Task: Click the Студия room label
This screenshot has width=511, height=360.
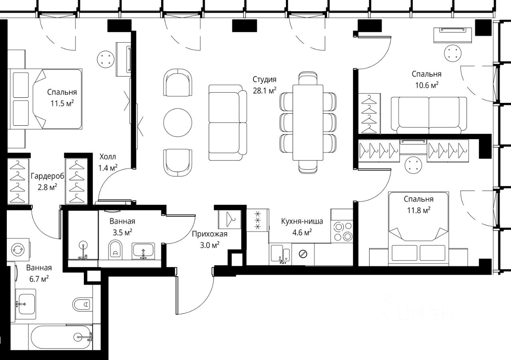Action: coord(264,79)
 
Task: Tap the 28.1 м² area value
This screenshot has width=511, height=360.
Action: coord(264,91)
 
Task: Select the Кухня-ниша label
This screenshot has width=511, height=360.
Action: coord(302,221)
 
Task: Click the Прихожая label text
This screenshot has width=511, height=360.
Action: coord(210,234)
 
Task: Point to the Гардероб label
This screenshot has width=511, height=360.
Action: coord(48,176)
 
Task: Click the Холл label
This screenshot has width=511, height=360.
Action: coord(108,157)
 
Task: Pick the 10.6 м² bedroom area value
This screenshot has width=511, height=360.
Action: coord(427,85)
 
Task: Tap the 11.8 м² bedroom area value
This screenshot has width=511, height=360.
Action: coord(419,210)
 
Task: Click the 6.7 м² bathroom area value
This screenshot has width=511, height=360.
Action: coord(39,279)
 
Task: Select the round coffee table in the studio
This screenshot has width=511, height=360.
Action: coord(178,123)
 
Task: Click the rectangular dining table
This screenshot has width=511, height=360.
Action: coord(308,123)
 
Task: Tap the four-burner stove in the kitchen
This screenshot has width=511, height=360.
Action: coord(342,231)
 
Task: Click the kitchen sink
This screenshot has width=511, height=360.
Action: coord(280,254)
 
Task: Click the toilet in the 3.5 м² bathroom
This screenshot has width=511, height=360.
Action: coord(115,249)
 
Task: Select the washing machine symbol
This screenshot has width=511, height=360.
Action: coord(18,249)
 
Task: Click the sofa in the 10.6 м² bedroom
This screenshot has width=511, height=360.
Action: coord(429,115)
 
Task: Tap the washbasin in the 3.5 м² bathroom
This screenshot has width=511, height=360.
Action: coord(143,251)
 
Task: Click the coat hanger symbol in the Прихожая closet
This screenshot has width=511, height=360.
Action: coord(230,219)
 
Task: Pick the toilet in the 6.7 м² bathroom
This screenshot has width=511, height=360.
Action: coord(83,304)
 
